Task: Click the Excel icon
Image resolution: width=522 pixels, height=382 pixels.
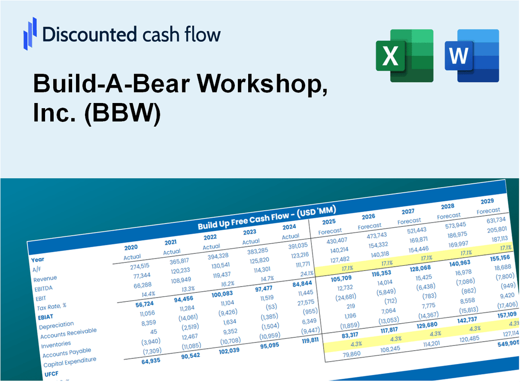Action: point(404,55)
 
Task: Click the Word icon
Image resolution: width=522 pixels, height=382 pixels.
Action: point(472,55)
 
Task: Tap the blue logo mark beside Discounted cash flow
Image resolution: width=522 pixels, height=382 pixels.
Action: point(29,34)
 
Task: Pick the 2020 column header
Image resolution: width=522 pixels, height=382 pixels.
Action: point(131,247)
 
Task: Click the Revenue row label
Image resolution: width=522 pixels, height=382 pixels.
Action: point(45,278)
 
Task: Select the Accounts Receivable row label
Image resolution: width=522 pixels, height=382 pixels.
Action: point(68,334)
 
